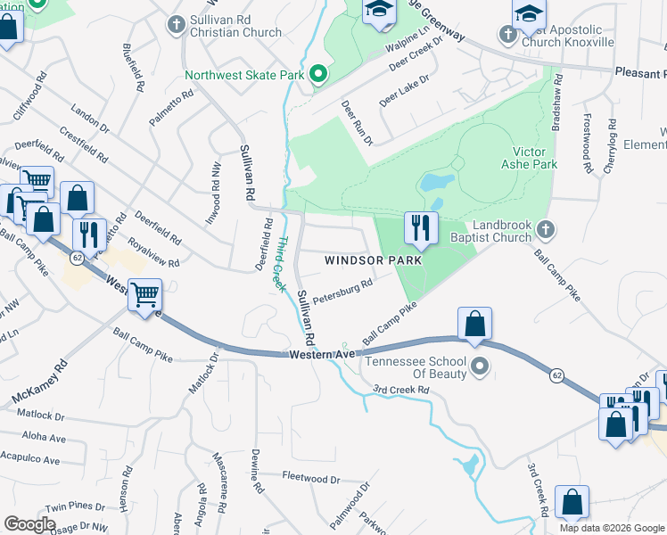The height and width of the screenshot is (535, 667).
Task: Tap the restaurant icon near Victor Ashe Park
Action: [x=420, y=229]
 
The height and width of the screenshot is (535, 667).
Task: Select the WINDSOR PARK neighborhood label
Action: [x=372, y=260]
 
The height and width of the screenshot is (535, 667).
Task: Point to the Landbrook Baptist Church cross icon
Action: [x=547, y=231]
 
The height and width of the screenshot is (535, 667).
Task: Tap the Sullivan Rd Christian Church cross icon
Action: [x=175, y=21]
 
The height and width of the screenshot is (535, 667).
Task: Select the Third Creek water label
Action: [x=279, y=263]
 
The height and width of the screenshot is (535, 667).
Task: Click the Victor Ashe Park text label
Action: [x=535, y=159]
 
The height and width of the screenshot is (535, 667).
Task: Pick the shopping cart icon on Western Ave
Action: [x=144, y=295]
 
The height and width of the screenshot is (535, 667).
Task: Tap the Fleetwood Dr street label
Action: [x=311, y=479]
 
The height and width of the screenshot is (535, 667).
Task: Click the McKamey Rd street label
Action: [x=39, y=383]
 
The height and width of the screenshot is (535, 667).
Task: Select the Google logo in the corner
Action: [x=29, y=524]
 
